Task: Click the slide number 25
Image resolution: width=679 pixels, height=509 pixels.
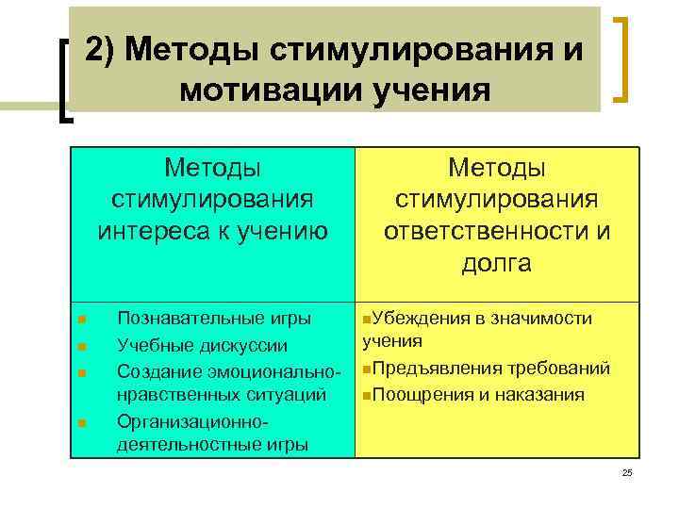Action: click(x=627, y=472)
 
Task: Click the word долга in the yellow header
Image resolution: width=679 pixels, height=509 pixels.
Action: click(x=496, y=263)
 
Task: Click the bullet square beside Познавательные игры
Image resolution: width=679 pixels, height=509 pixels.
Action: click(x=82, y=320)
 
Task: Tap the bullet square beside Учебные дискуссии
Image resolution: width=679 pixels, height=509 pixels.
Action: click(x=82, y=346)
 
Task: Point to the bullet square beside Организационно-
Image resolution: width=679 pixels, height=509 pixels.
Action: click(x=82, y=423)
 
